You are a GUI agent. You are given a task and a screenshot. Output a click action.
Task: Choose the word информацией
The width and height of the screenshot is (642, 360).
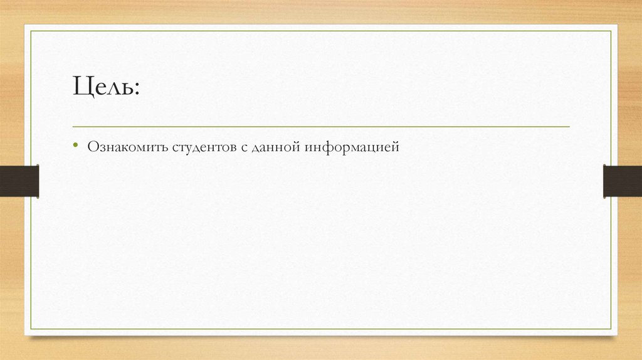[x=353, y=147]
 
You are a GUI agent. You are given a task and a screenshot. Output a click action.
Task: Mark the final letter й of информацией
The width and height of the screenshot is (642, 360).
[x=395, y=147]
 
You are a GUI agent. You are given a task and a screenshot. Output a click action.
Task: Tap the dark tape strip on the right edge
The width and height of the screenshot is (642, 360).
[x=623, y=181]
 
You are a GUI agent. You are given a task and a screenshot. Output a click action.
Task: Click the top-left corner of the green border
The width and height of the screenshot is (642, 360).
[x=32, y=31]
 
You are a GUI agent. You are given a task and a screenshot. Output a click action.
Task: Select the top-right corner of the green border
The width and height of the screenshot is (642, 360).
[x=611, y=31]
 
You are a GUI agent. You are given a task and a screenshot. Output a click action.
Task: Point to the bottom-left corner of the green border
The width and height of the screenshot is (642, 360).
[x=32, y=329]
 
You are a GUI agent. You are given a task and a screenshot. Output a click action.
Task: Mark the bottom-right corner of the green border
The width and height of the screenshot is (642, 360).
[x=611, y=329]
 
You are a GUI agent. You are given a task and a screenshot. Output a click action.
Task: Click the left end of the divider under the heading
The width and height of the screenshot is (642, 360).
[x=73, y=127]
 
